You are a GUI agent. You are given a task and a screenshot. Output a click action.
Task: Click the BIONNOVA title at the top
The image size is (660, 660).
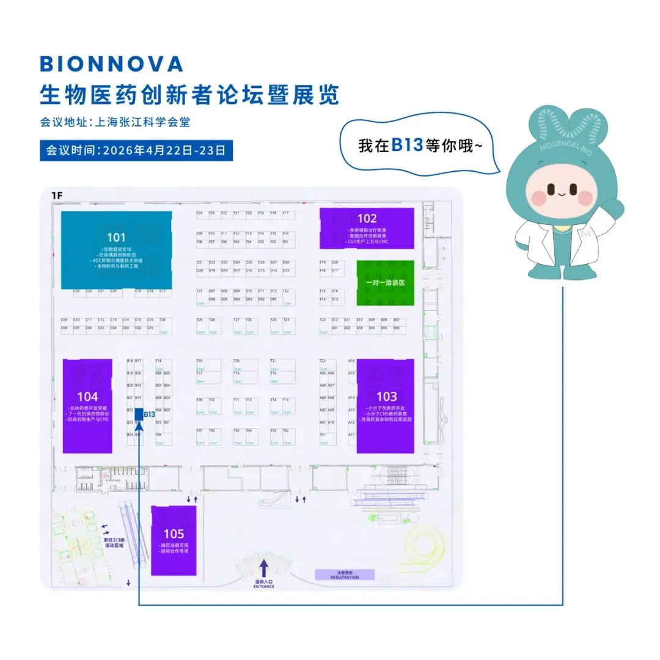pyautogui.click(x=111, y=64)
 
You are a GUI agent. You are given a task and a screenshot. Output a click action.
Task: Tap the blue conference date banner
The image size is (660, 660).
pyautogui.click(x=136, y=150)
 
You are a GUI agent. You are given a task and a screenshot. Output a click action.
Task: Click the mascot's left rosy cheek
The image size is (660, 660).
pyautogui.click(x=540, y=197)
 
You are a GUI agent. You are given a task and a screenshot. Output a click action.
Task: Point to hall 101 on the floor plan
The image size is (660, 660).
pyautogui.click(x=116, y=249)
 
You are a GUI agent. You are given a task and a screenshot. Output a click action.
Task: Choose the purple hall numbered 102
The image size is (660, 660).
pyautogui.click(x=367, y=228)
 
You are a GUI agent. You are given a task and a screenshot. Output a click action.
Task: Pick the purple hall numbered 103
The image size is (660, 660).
pyautogui.click(x=386, y=405)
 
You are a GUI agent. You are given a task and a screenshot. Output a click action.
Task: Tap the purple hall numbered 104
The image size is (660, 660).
pyautogui.click(x=87, y=405)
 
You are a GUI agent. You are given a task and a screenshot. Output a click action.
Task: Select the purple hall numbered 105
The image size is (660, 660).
pyautogui.click(x=174, y=540)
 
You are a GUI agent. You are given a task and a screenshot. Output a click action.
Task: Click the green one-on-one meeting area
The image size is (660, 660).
pyautogui.click(x=385, y=283)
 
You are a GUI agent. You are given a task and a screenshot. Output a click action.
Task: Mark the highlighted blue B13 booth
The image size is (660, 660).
pyautogui.click(x=139, y=414)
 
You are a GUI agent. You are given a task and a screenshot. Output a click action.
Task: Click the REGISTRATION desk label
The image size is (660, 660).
pyautogui.click(x=345, y=575)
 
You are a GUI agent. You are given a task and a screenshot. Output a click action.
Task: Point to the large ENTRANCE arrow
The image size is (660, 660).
pyautogui.click(x=264, y=565)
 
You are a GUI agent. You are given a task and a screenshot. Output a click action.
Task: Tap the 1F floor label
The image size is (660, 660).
pyautogui.click(x=57, y=196)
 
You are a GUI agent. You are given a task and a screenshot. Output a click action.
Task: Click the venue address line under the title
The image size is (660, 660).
pyautogui.click(x=115, y=122)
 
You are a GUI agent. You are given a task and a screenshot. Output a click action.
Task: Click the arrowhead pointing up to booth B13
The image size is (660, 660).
pyautogui.click(x=139, y=425)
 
